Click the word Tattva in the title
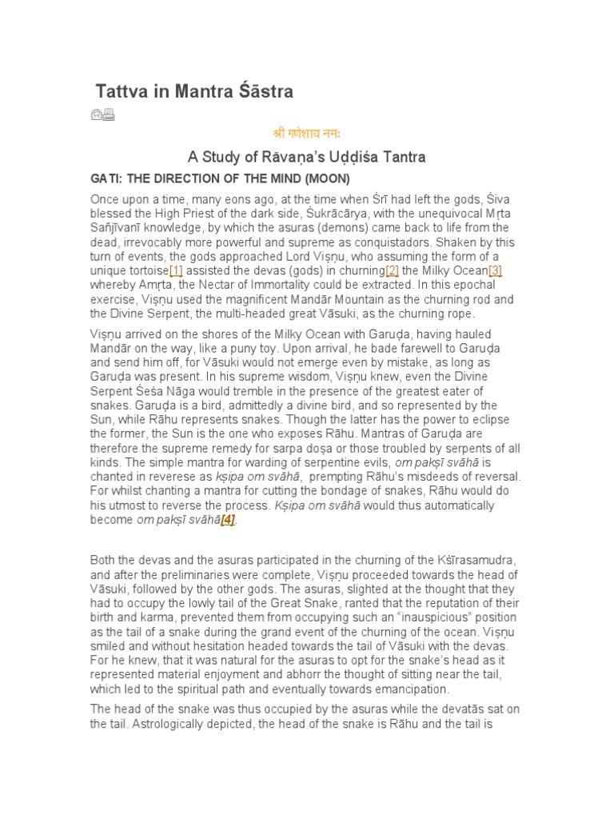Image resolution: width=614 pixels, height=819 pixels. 121,92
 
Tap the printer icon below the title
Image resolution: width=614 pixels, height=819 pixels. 109,115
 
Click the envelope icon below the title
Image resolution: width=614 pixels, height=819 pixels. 97,115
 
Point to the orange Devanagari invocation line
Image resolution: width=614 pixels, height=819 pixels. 307,134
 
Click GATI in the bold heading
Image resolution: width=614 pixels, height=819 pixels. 105,178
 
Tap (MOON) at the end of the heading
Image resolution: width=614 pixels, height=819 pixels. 325,178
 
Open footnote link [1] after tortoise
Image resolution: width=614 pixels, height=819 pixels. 177,270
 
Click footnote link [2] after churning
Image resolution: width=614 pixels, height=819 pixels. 392,270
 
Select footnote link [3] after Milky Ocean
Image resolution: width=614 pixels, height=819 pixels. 495,270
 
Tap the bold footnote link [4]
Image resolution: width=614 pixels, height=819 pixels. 229,520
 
